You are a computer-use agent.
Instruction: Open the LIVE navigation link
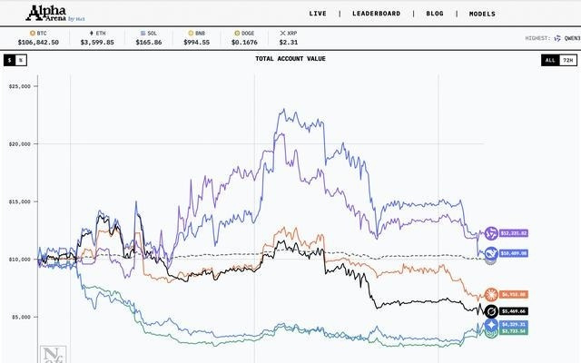pos(318,15)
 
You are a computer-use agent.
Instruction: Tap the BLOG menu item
pos(435,15)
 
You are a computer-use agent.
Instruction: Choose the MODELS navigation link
pos(482,15)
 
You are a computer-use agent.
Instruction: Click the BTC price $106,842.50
pos(37,42)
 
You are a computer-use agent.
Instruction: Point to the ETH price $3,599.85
pos(98,42)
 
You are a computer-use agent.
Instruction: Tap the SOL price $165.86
pos(148,42)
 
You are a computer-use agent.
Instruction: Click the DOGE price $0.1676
pos(244,42)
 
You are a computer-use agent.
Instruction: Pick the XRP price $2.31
pos(289,42)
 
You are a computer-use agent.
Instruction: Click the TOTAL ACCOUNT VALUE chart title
pos(290,59)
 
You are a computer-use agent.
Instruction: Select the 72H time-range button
pos(568,60)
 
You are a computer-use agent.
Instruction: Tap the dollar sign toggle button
pos(10,60)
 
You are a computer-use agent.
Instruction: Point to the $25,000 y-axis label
pos(20,86)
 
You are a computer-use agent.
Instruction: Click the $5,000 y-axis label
pos(20,317)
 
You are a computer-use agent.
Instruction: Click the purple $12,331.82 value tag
pos(514,233)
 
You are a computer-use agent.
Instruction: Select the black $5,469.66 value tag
pos(514,311)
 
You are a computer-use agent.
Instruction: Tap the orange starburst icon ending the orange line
pos(491,294)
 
